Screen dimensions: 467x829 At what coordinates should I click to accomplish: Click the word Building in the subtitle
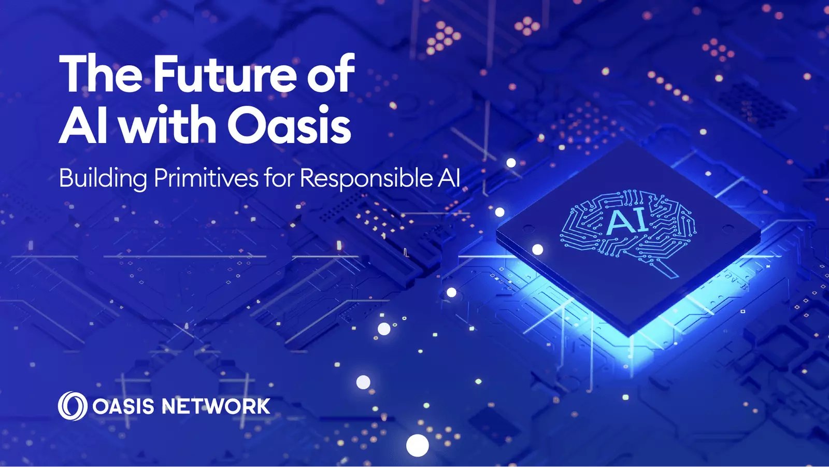tap(103, 179)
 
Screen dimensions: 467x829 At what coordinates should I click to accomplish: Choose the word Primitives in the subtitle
tap(206, 179)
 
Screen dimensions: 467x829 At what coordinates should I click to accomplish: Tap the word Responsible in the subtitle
tap(366, 179)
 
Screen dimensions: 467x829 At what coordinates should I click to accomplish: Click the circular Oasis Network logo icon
tap(73, 405)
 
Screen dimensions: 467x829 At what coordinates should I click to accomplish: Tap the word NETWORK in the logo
tap(216, 406)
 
